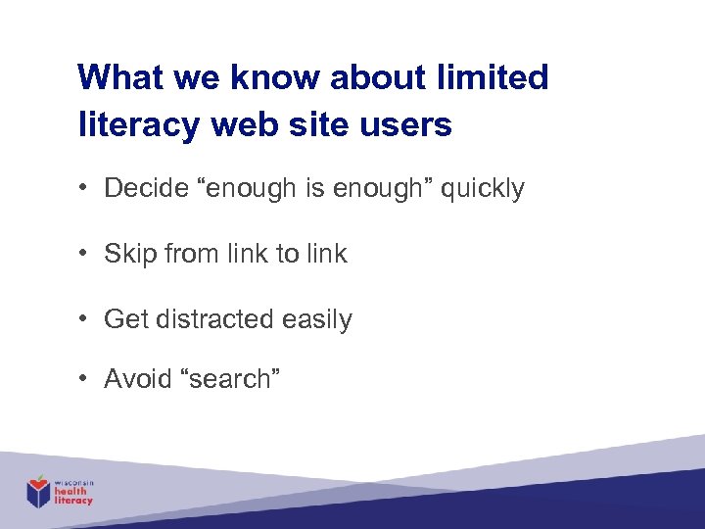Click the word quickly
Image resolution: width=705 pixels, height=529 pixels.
(482, 188)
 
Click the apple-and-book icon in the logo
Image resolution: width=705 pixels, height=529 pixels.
(38, 492)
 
